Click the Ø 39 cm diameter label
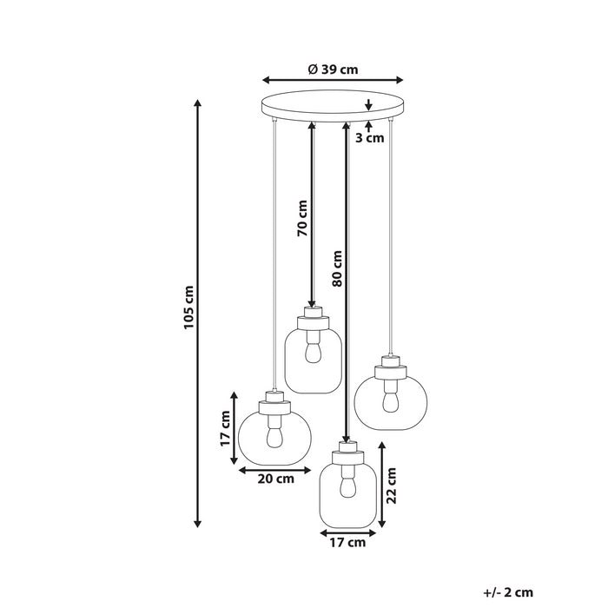tap(334, 70)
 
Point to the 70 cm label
tap(302, 219)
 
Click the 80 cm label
tap(337, 269)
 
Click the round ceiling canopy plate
tap(334, 105)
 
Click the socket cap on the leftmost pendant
tap(274, 402)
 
